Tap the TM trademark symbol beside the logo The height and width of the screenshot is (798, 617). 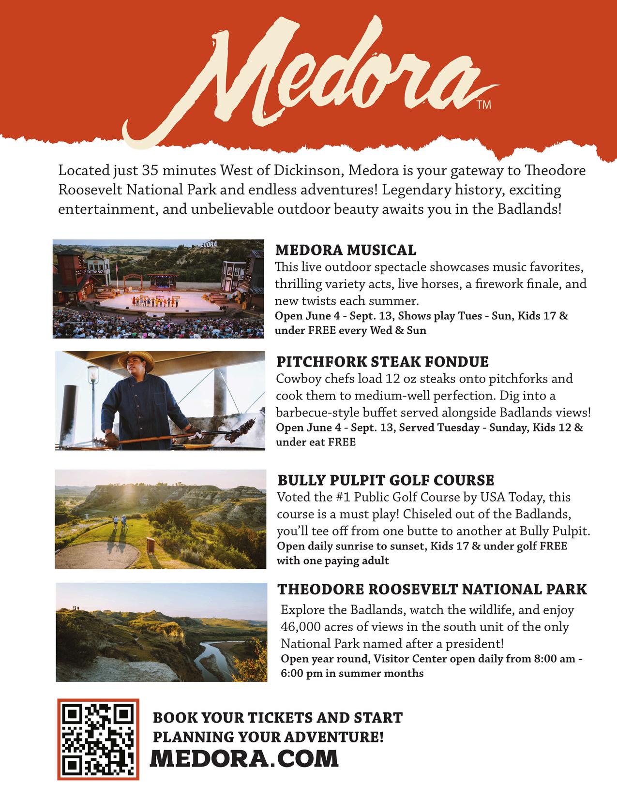click(x=483, y=104)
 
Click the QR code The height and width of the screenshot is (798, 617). click(x=98, y=739)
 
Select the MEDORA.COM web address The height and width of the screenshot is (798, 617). click(x=244, y=758)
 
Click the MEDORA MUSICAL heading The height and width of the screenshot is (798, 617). click(x=346, y=250)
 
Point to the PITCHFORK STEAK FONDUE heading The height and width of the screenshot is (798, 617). click(x=382, y=362)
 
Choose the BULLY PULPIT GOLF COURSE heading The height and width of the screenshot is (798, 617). click(x=386, y=480)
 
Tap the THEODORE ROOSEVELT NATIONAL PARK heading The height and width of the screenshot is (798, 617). click(x=432, y=589)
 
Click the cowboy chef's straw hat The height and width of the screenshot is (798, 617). click(x=136, y=359)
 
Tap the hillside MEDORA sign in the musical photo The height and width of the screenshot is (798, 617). click(x=207, y=244)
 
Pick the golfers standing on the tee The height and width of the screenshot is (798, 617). click(x=120, y=523)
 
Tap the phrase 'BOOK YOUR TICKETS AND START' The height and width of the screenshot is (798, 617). click(x=278, y=717)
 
